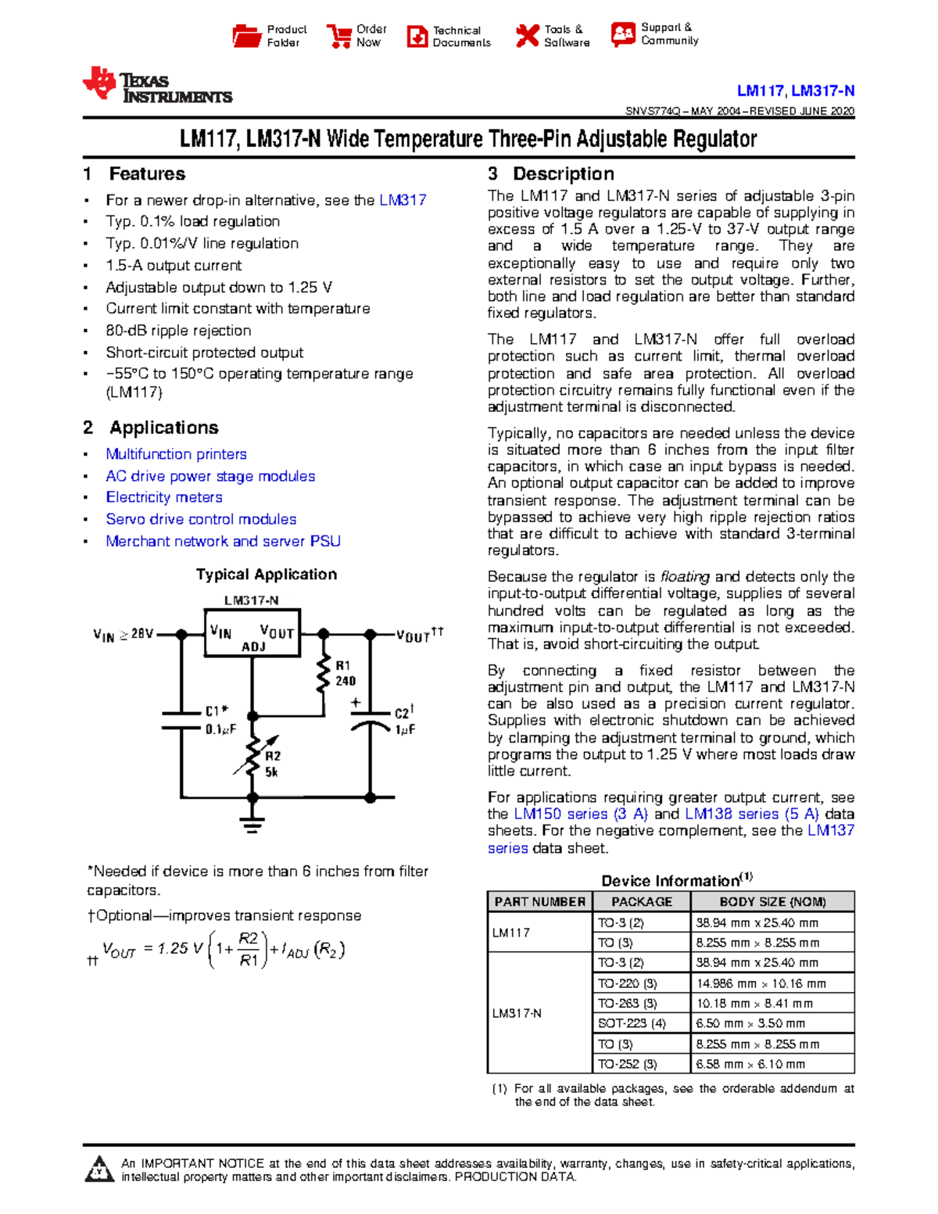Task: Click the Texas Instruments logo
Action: pos(156,85)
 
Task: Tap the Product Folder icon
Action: pos(247,36)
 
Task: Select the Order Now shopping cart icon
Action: pos(339,36)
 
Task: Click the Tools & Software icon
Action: pos(527,36)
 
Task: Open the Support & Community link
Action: pos(669,34)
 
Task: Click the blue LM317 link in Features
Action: pos(403,200)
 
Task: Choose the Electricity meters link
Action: pos(164,497)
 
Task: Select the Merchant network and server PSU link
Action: pos(223,541)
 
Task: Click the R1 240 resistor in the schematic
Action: pos(324,674)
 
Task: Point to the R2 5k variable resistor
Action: pos(252,756)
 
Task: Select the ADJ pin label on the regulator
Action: pos(253,646)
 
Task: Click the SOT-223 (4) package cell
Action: pos(632,1023)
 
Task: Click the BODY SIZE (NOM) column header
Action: pos(772,901)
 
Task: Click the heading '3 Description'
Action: pos(551,174)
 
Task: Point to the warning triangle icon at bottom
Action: pos(98,1169)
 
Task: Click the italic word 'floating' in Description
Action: pos(685,577)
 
